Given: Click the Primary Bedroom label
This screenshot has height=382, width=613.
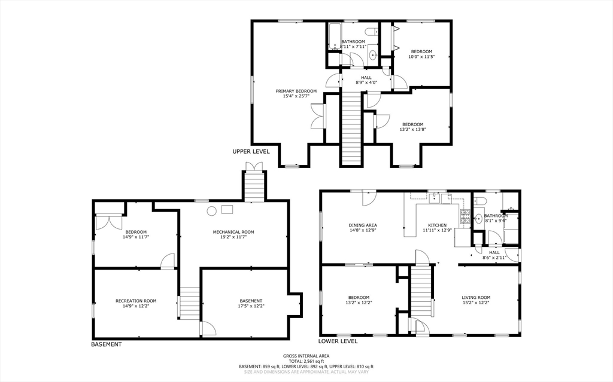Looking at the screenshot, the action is pos(296,91).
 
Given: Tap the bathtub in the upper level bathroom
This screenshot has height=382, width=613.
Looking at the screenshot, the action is pos(334,37).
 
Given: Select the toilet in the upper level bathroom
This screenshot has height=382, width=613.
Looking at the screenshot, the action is pos(371,32).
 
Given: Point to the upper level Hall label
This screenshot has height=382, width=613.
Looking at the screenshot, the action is pos(366,78).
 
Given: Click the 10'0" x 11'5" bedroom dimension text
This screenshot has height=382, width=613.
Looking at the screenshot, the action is pos(421,57).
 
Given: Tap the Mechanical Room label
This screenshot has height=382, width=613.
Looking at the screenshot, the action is pos(233,232).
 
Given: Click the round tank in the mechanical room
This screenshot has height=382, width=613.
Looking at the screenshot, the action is pos(211,211).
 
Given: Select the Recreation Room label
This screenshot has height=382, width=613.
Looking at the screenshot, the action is pos(136,301).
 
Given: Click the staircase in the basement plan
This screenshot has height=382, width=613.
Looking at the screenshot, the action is pos(190,303).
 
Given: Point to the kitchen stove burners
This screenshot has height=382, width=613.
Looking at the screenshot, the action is pos(465,217).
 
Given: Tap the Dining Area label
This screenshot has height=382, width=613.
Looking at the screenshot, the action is pos(363,225).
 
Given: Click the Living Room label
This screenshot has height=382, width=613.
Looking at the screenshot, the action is pos(476,298).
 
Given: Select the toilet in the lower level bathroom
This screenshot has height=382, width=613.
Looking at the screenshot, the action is pos(480,201).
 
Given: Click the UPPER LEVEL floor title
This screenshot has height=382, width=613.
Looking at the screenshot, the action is pos(251,152).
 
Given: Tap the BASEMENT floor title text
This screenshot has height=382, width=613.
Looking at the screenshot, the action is pos(107,344).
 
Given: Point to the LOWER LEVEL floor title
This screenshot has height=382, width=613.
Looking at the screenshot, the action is pos(338,341).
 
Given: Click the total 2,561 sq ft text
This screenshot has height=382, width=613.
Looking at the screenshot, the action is pos(306,361).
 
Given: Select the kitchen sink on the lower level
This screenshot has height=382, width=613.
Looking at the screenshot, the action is pos(434,199).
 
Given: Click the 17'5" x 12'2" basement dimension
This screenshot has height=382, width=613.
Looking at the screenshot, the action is pos(251,306).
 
